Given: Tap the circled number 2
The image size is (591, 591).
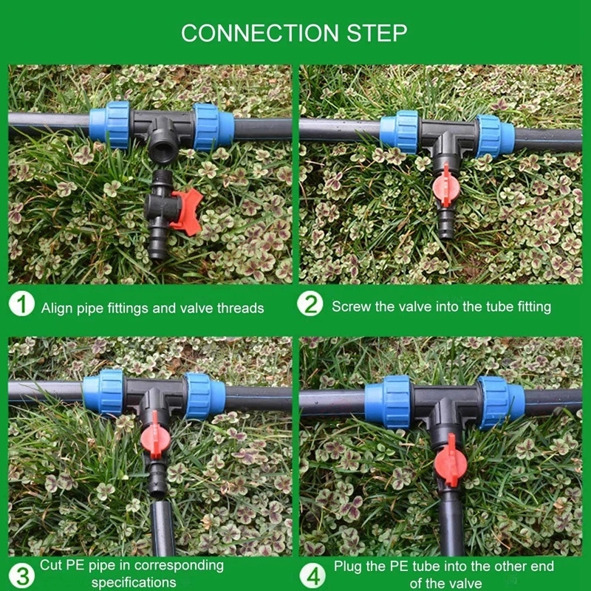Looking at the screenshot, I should point(311,305).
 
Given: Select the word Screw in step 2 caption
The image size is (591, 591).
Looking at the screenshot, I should point(352,306).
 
